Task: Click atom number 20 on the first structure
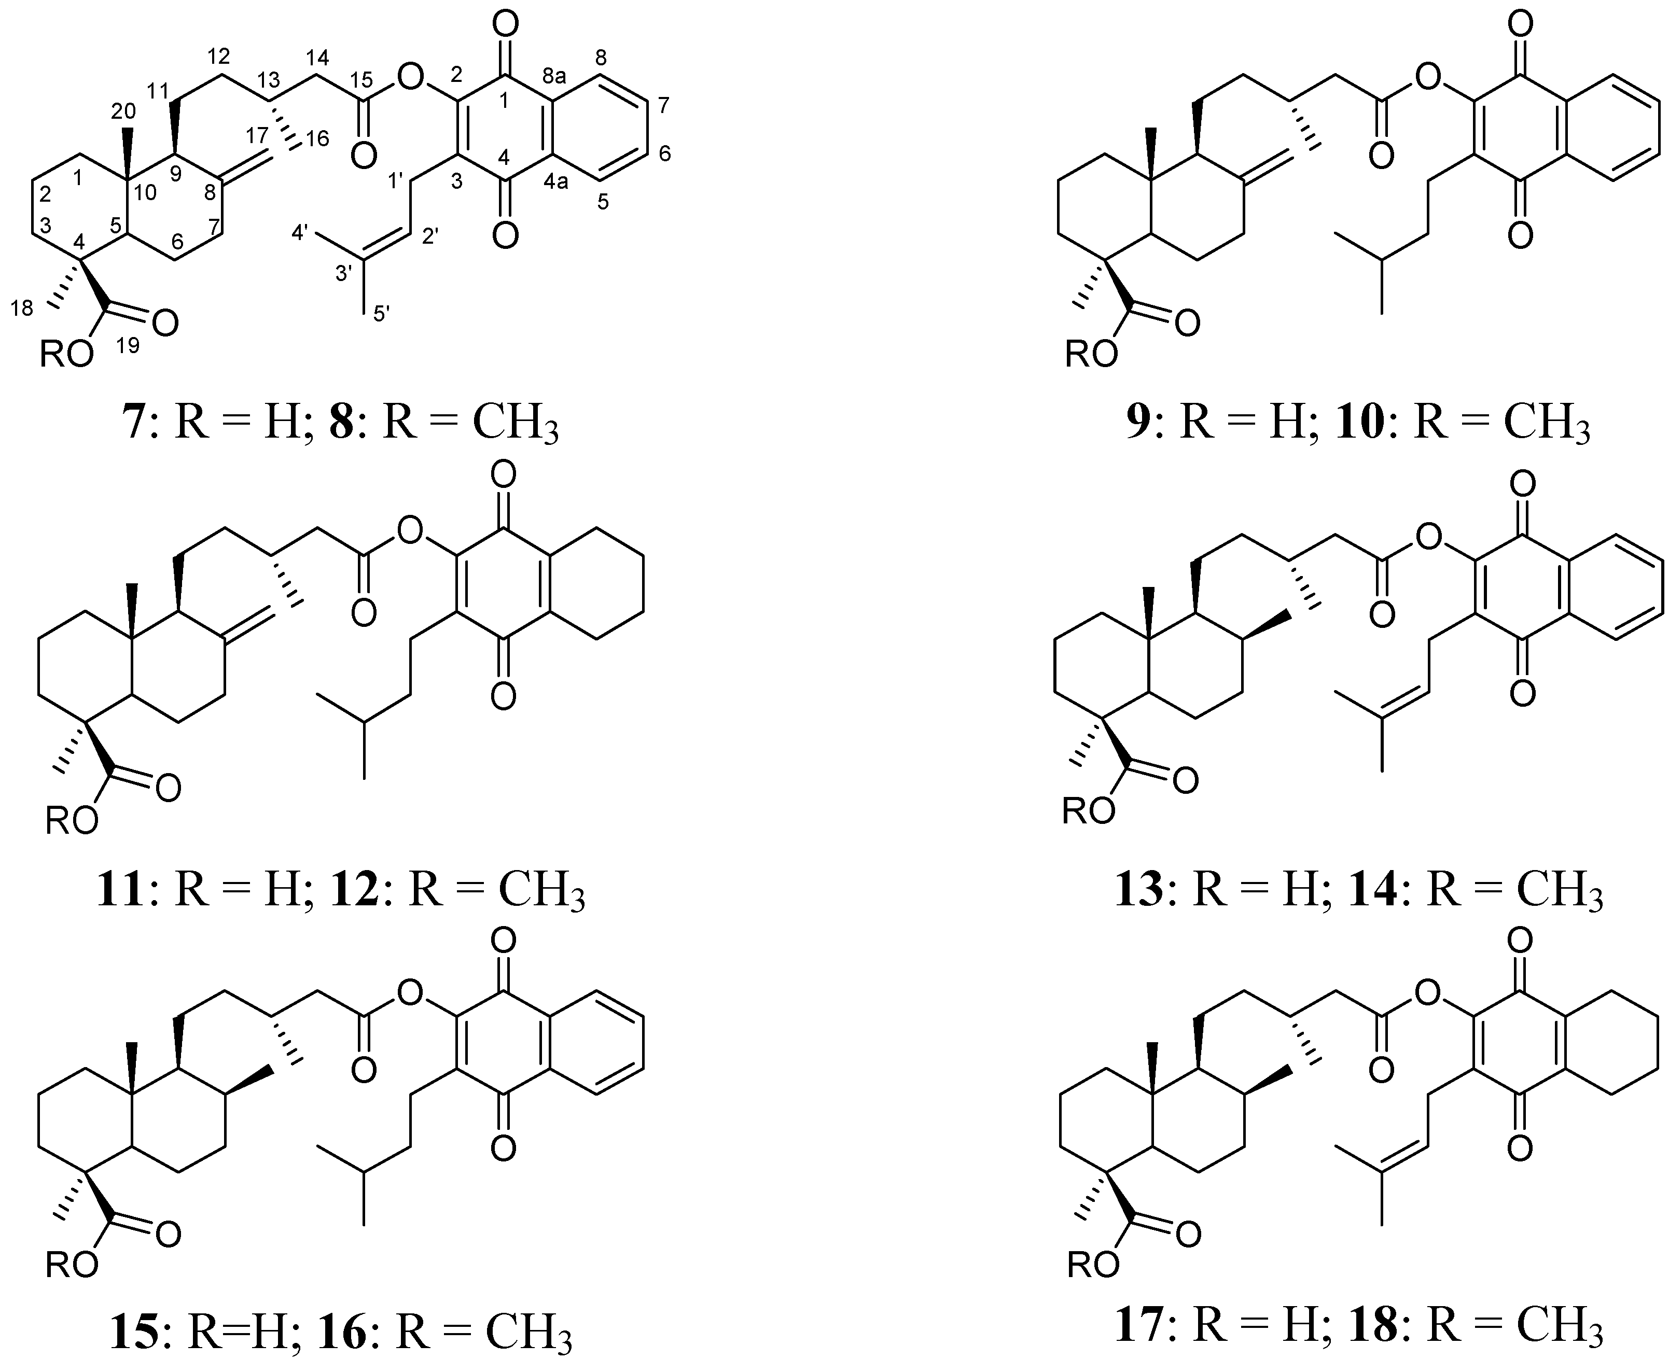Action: [x=123, y=112]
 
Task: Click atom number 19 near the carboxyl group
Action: [x=127, y=345]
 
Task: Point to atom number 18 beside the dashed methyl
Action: [x=22, y=309]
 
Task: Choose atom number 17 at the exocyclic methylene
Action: [x=257, y=134]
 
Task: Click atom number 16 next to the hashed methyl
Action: [x=316, y=138]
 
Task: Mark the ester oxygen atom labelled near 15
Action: [x=409, y=77]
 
